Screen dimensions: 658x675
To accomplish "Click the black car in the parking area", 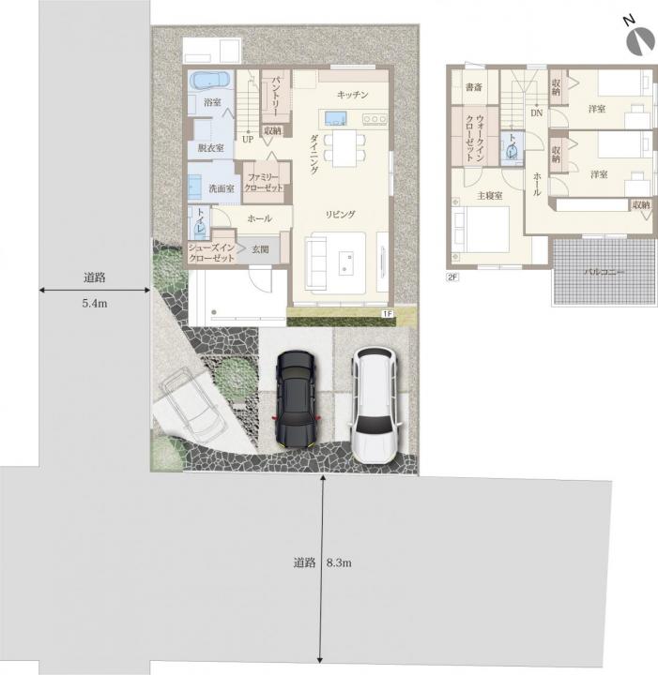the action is tap(295, 400).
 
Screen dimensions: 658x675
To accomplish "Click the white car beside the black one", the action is tap(374, 406).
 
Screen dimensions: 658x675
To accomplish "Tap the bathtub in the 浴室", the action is tap(210, 81).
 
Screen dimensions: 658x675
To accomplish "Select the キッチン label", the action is tap(353, 95).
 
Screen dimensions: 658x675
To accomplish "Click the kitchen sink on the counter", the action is tap(336, 117).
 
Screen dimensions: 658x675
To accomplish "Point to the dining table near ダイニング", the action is tap(344, 148).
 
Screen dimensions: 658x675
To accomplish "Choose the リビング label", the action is tap(340, 215).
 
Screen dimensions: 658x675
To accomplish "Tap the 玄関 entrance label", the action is tap(260, 248).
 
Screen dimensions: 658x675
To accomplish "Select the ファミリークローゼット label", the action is tap(263, 183).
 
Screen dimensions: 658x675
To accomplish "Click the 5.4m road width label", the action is tap(95, 303).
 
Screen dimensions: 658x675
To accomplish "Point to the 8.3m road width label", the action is tap(339, 562).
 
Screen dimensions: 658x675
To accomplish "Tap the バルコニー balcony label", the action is tap(604, 272).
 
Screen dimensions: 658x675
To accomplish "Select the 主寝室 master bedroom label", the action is tap(490, 196).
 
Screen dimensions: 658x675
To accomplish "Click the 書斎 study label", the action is tap(474, 87).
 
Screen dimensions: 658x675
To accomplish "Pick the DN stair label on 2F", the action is tap(537, 113).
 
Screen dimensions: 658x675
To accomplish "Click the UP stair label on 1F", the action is tap(248, 139).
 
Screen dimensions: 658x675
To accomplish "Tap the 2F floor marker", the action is tap(452, 277).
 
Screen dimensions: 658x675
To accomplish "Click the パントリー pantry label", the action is tap(275, 94).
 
